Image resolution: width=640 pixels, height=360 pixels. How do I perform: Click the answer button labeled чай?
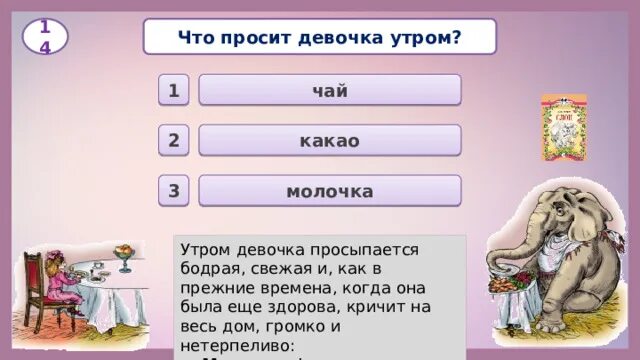pos(330,91)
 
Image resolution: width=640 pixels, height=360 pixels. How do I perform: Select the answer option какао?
pos(330,141)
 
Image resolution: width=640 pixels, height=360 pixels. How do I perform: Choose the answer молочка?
pos(330,191)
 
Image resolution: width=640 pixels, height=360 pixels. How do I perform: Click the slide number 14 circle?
pos(45,36)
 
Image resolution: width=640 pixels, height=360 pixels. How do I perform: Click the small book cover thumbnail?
pos(564,127)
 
